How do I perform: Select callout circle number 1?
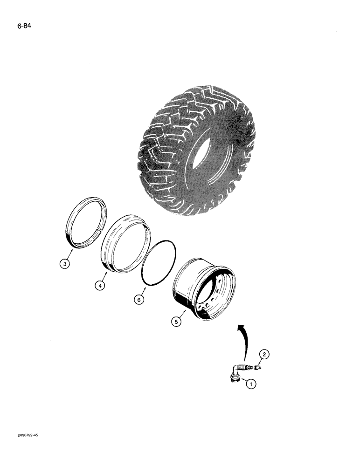tap(251, 384)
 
